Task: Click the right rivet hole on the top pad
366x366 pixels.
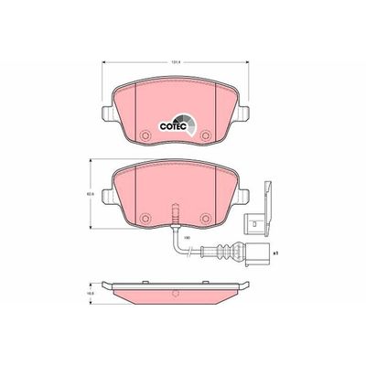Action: coord(206,137)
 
